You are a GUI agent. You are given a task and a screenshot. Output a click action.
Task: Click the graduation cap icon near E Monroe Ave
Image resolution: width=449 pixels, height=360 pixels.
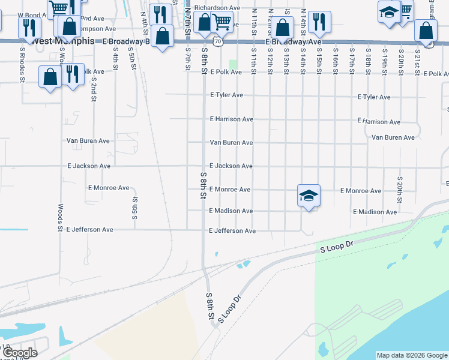click(x=309, y=196)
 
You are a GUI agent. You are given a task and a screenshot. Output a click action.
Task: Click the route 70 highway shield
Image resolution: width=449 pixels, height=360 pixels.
click(x=217, y=42)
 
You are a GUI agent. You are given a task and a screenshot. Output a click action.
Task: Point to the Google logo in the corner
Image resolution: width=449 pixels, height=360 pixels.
click(x=20, y=353)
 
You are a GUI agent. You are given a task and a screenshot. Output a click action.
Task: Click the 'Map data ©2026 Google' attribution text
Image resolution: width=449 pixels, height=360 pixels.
click(x=411, y=355)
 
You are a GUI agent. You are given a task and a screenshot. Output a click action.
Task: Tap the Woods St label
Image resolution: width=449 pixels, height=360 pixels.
click(x=60, y=217)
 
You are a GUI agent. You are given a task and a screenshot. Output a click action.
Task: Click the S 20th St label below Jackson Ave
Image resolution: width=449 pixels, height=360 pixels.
click(x=399, y=191)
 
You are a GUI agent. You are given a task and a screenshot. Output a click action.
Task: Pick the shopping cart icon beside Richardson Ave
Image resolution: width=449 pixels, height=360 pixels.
click(x=223, y=23)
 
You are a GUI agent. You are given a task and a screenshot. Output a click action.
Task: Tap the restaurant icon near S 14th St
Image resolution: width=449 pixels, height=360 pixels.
click(x=320, y=23)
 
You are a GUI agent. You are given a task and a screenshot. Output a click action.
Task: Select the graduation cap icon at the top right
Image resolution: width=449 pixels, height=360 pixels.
click(x=389, y=12)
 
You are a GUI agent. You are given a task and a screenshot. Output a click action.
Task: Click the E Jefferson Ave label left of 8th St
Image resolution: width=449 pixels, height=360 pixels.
click(x=89, y=229)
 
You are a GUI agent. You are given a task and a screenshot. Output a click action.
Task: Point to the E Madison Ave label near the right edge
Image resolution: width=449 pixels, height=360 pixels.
click(x=375, y=212)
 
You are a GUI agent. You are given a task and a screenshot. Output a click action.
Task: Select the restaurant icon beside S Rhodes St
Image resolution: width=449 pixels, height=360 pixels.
click(x=26, y=28)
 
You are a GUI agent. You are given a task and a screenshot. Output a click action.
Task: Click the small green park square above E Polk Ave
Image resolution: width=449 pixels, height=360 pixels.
click(x=233, y=64)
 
